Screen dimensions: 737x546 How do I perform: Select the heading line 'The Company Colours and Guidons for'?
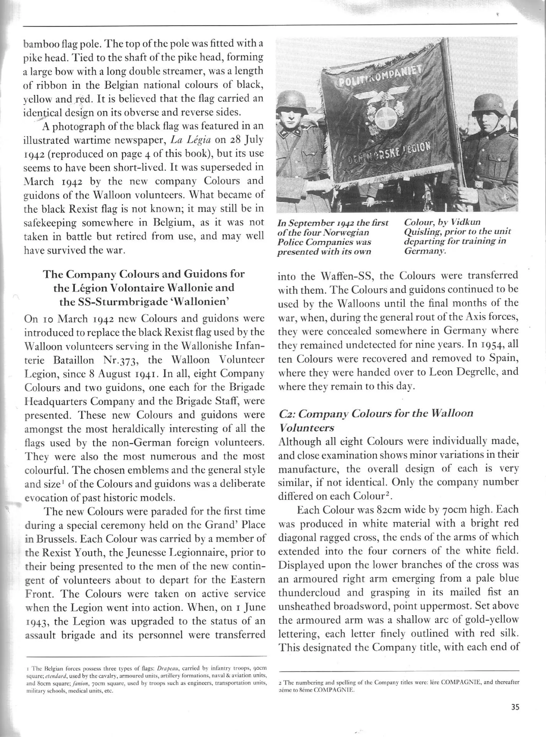[144, 274]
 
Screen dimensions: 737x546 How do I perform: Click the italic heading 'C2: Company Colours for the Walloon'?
[376, 413]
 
